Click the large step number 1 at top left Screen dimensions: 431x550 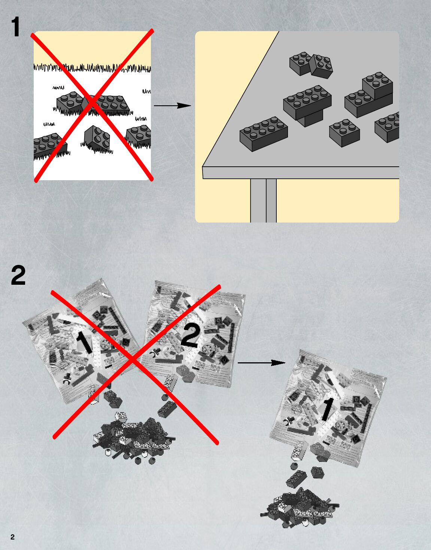click(15, 27)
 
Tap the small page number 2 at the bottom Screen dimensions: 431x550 click(12, 537)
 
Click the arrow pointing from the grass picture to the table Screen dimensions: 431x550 click(172, 106)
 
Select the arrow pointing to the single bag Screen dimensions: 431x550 click(261, 363)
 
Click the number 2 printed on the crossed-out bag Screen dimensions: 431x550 click(190, 336)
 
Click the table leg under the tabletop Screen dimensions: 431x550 click(263, 200)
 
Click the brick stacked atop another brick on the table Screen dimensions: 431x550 click(377, 85)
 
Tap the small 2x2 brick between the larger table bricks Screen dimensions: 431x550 click(345, 132)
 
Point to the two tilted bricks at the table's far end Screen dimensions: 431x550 click(311, 64)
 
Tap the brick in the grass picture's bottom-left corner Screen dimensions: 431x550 click(48, 145)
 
